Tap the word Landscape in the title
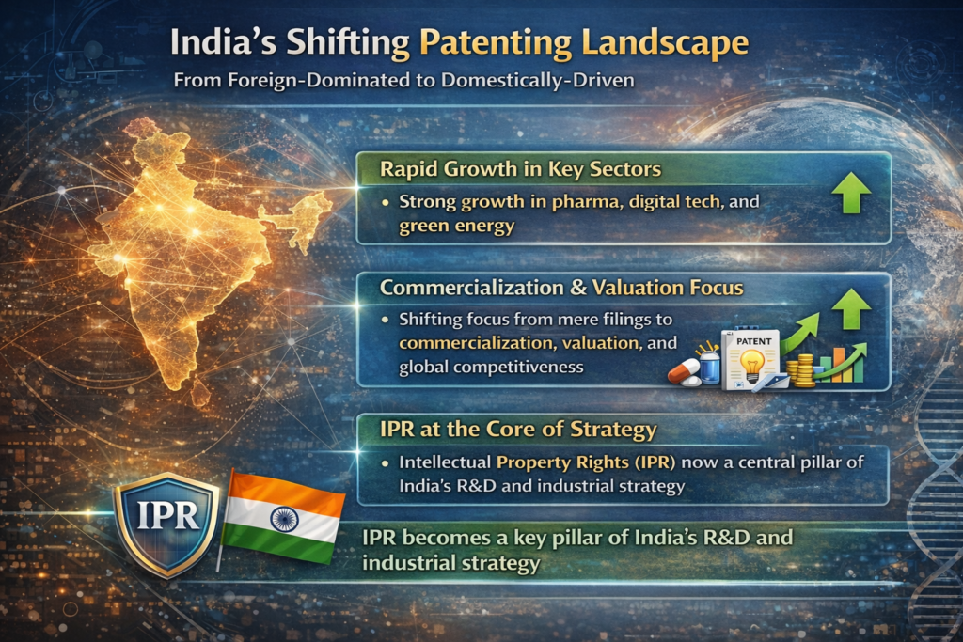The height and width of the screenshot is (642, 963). (x=665, y=44)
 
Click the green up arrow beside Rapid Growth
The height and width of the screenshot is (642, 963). (x=852, y=192)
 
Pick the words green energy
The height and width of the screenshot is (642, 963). (x=456, y=226)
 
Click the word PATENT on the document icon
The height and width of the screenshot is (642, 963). (x=753, y=340)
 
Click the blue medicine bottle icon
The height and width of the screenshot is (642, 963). (x=709, y=368)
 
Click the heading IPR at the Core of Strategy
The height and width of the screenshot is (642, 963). (x=518, y=429)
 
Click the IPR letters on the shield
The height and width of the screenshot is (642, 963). (x=167, y=515)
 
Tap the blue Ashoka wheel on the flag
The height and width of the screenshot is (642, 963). (x=284, y=519)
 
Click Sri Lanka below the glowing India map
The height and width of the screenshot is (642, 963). (x=199, y=394)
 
